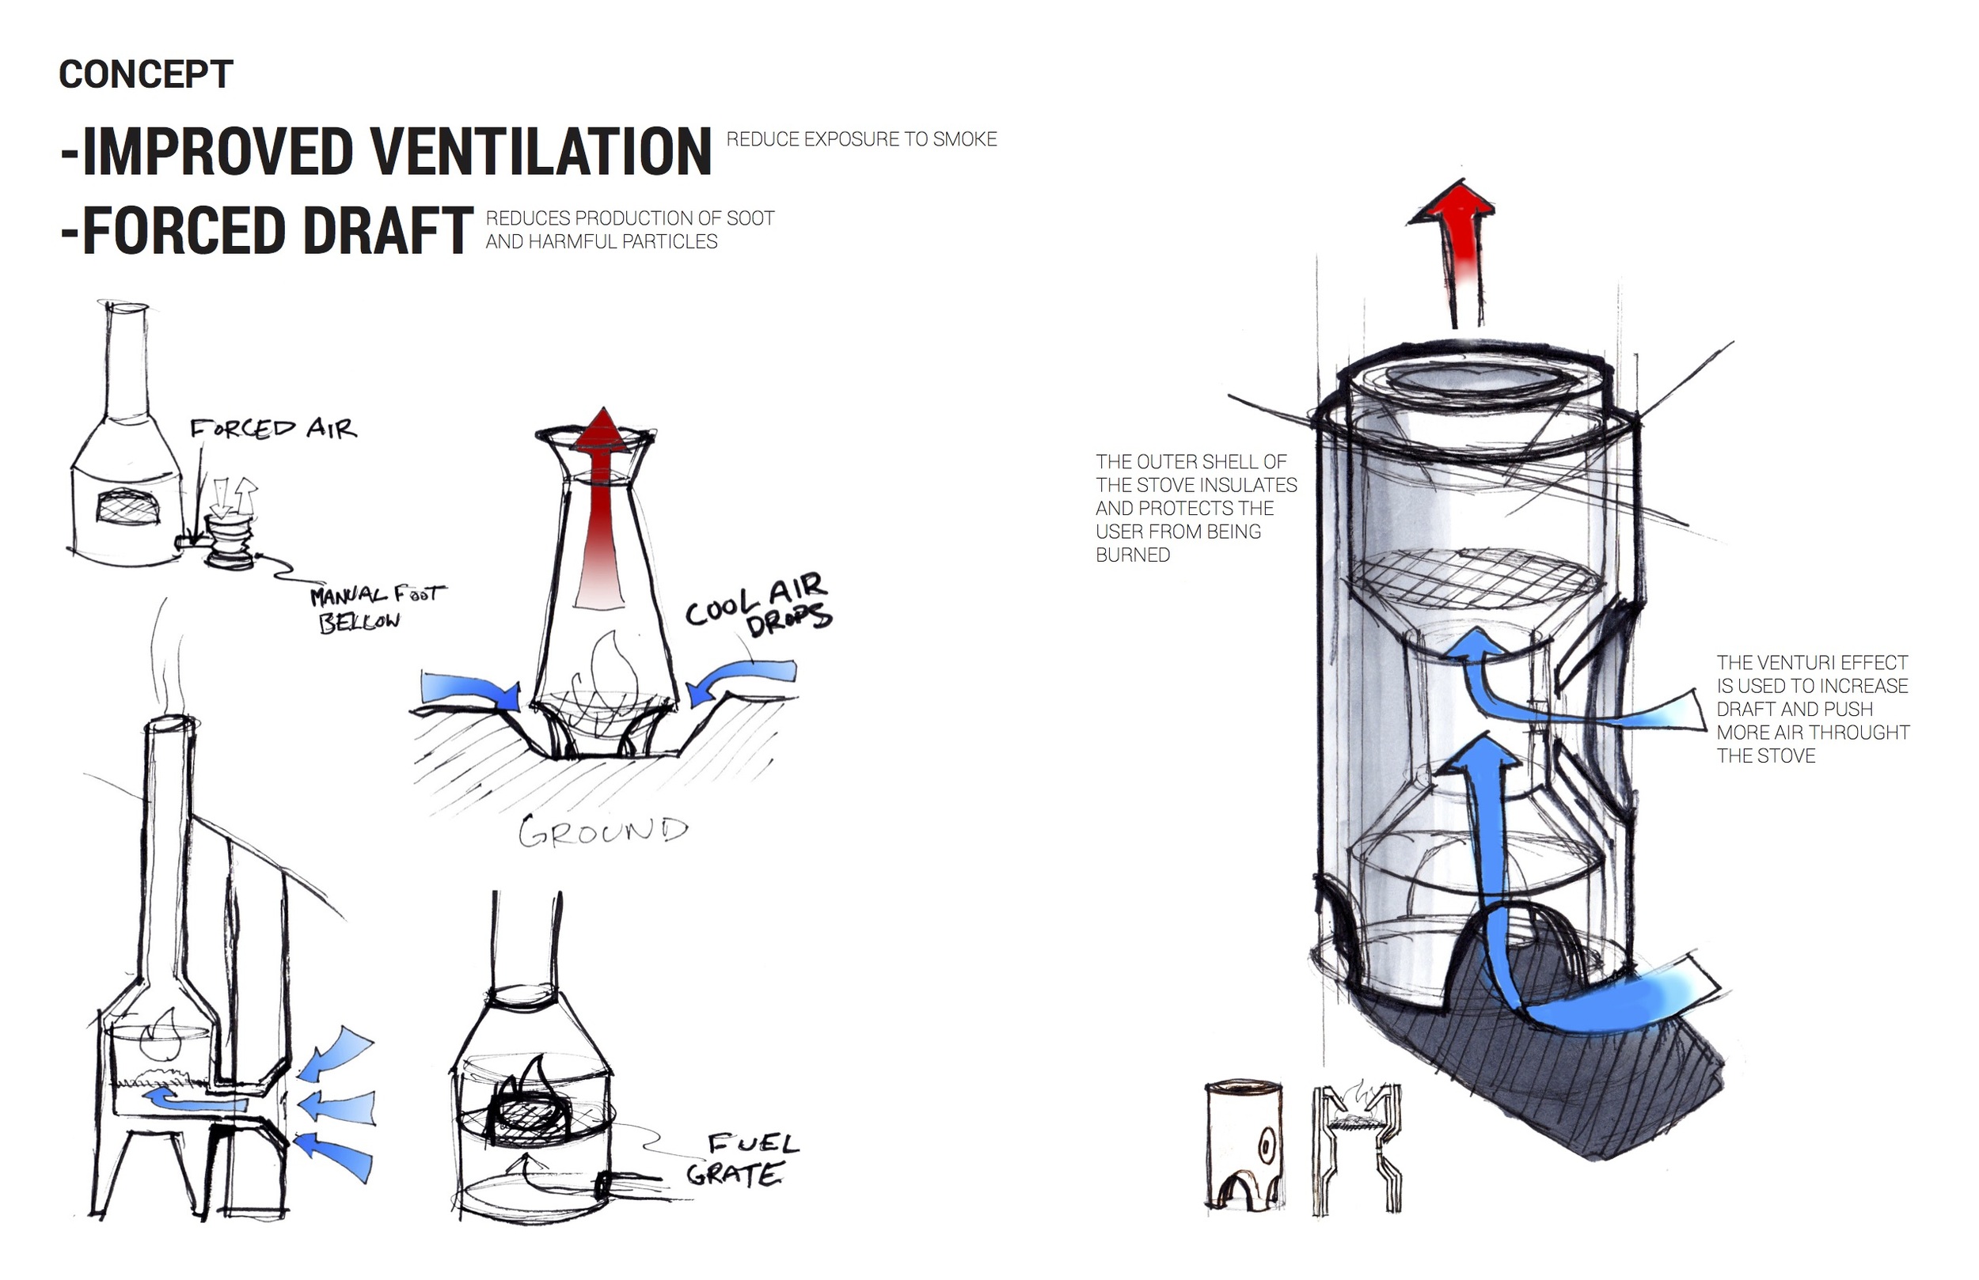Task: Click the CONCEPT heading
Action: (146, 75)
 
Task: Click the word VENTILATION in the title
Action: (540, 152)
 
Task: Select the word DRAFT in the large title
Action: (386, 230)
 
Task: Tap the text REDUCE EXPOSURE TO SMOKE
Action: (861, 138)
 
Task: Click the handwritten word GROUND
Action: (604, 831)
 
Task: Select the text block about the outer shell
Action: (1196, 508)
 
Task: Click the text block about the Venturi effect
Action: (1813, 709)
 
